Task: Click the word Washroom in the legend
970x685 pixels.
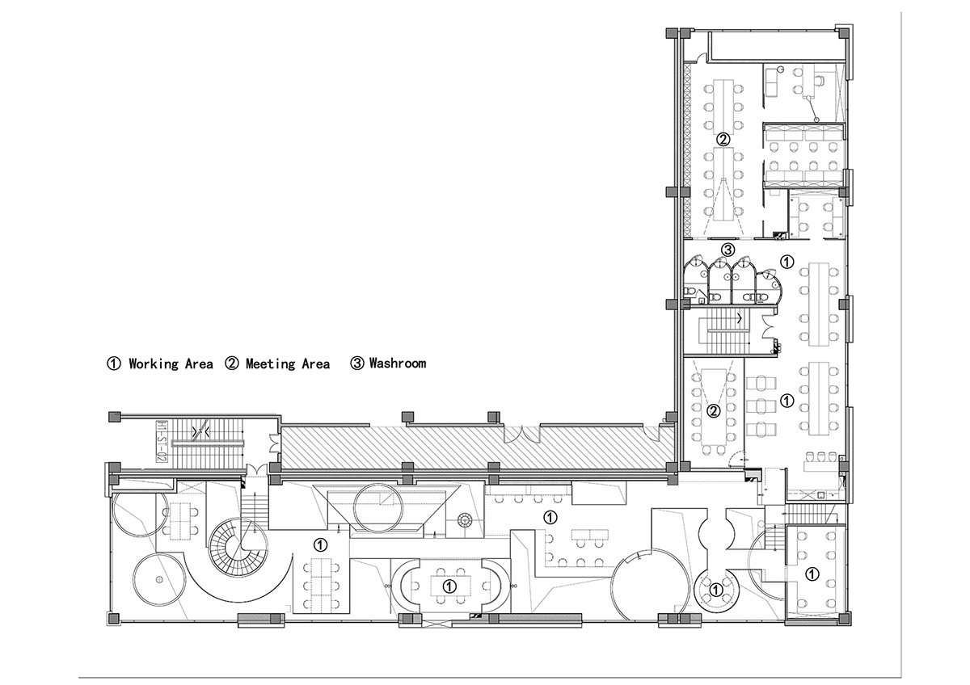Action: (x=398, y=363)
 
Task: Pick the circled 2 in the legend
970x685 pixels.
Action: (x=232, y=364)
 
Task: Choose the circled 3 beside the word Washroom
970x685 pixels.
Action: (x=357, y=364)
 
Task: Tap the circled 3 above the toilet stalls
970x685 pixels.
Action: (x=728, y=250)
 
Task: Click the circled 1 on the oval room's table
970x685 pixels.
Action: (x=450, y=586)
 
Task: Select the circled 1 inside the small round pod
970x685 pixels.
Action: (x=716, y=589)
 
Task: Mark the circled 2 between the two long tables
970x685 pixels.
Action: (x=723, y=139)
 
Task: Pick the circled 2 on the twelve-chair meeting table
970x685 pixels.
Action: (x=713, y=411)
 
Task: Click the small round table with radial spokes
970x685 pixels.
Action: (x=465, y=519)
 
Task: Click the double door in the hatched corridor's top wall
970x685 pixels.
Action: (x=522, y=434)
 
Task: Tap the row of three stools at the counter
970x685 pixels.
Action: (x=819, y=456)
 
